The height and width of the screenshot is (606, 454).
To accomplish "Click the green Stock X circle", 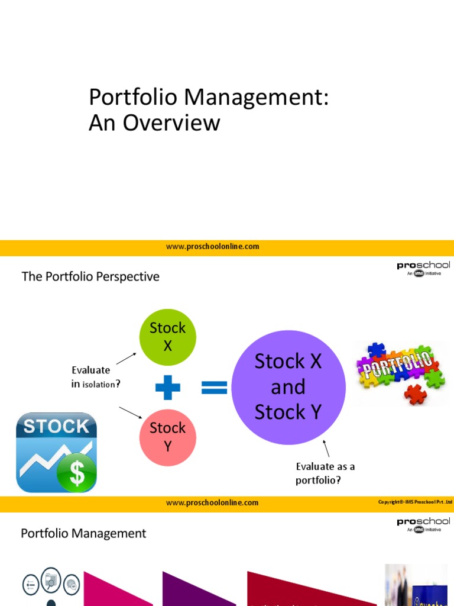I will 167,337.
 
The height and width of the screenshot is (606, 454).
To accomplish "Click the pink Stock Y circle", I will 167,437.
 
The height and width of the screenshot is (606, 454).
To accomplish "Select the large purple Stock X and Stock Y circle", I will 288,387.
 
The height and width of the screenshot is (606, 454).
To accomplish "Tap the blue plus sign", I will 168,388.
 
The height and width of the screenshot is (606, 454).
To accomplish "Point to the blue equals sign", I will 215,388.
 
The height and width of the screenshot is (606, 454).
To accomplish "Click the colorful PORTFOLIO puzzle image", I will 401,373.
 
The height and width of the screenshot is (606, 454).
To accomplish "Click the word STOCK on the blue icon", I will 56,426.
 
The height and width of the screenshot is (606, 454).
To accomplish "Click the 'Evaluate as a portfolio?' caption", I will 325,473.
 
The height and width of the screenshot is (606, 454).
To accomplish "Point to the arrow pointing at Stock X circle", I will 126,358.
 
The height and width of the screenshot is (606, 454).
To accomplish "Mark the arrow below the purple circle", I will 326,448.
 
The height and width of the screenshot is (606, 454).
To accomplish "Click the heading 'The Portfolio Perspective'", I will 90,276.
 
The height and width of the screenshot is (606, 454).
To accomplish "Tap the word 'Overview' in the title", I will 172,123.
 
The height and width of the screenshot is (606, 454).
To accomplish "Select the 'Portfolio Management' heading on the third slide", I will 83,533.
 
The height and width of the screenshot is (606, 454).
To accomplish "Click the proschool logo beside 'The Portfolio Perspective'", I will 423,269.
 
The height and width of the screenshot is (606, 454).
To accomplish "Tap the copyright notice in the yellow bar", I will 415,502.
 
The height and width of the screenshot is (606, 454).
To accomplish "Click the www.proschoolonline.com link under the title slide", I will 212,247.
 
